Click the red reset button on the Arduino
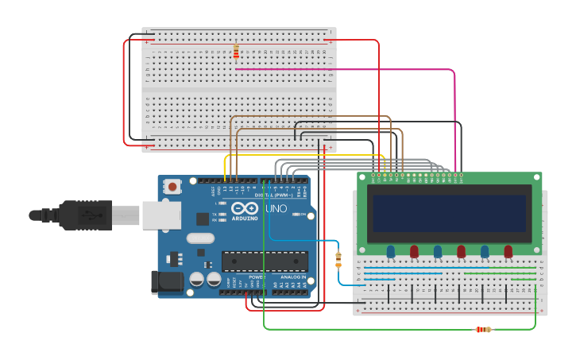172,187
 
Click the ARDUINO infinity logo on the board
245,209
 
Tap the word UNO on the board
275,207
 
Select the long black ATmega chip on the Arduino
265,261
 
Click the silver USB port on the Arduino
160,215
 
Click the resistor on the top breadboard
236,51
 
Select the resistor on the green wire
482,329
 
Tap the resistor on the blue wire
338,259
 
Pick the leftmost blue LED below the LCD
391,251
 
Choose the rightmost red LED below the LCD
508,251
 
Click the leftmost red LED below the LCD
414,251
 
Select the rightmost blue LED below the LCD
485,251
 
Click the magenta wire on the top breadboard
342,69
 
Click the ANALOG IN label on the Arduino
291,277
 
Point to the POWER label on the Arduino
256,277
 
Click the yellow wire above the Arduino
302,156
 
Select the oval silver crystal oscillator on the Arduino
200,238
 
